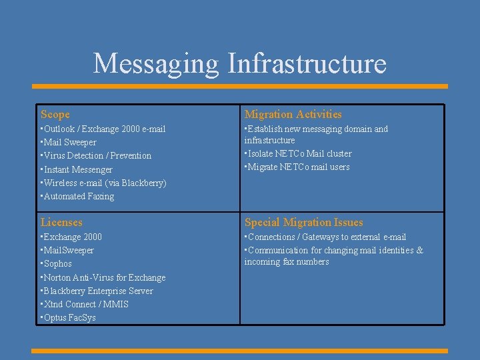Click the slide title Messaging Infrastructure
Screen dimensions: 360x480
click(240, 63)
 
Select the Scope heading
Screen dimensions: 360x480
click(55, 115)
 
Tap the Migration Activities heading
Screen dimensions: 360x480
click(293, 115)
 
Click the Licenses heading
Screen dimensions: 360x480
click(61, 223)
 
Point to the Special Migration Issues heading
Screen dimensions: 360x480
click(303, 223)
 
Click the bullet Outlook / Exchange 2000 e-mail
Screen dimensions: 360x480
click(104, 129)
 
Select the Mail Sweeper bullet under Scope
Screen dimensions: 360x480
click(69, 142)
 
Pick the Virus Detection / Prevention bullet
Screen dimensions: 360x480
click(97, 155)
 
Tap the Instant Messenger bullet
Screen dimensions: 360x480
click(77, 169)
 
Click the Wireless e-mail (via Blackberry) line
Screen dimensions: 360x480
click(105, 183)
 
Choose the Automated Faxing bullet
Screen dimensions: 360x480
click(79, 196)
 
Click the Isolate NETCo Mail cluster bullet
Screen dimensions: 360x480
click(299, 153)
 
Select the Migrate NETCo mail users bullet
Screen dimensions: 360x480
click(298, 167)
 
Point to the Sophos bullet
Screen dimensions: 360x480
click(57, 264)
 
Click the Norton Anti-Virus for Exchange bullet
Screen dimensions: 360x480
click(104, 277)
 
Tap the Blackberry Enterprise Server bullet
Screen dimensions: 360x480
click(98, 291)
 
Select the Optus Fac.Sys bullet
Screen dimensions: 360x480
click(69, 317)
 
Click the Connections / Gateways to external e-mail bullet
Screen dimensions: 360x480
click(326, 237)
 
